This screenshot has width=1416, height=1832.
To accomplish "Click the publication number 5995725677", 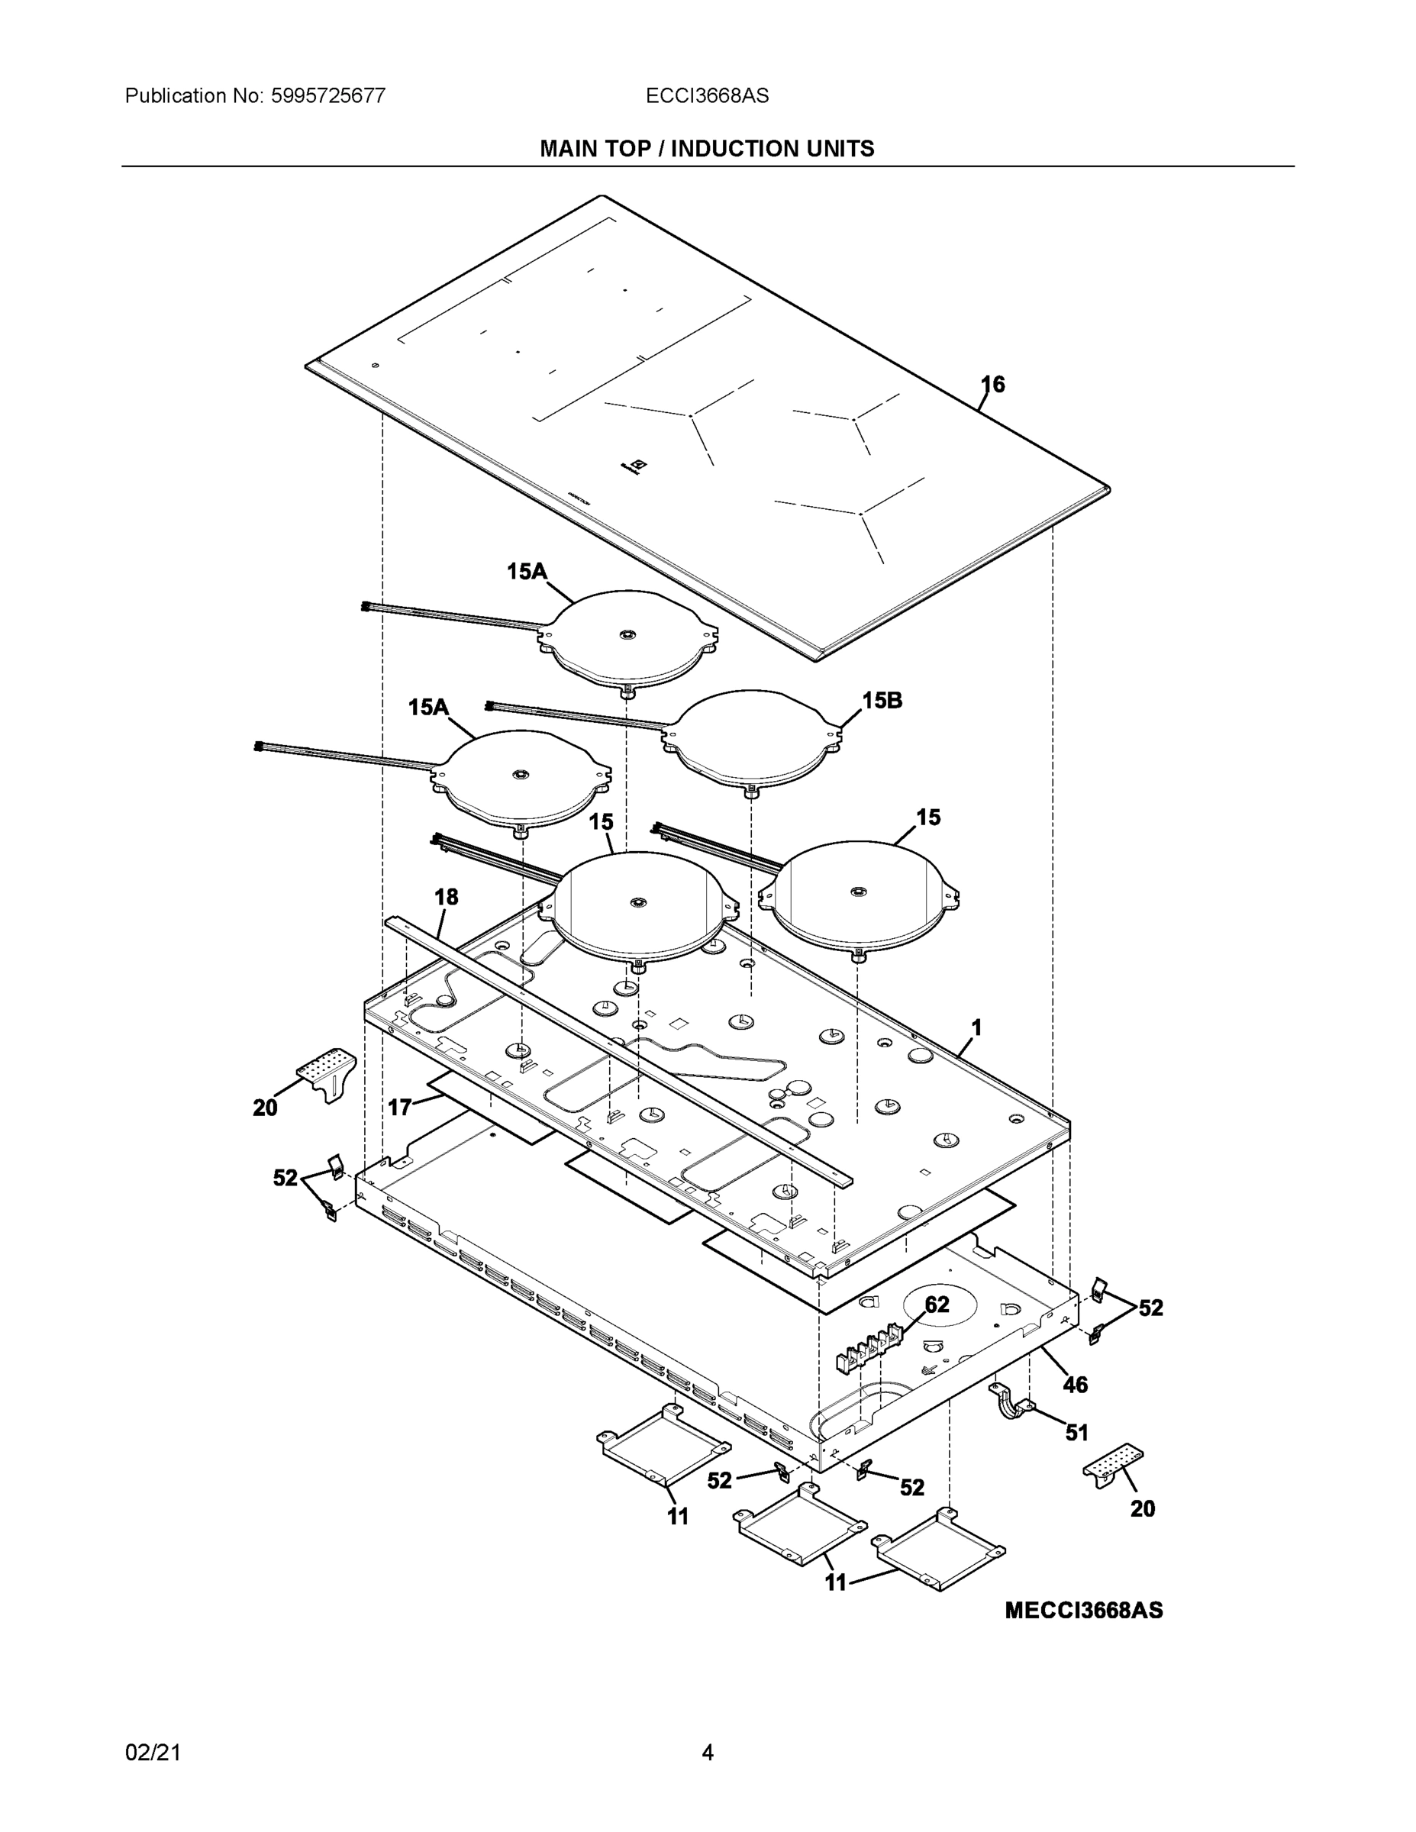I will [327, 95].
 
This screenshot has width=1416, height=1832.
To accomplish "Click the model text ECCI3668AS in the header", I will [706, 95].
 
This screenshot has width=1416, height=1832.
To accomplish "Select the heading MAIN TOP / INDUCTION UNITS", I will [706, 149].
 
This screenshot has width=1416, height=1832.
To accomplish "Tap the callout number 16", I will [992, 384].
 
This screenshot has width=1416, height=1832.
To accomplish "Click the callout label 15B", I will [882, 701].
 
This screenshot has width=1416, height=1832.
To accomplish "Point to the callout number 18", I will [447, 897].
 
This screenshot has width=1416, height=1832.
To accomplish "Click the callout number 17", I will [399, 1108].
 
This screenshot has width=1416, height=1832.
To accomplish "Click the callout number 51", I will [1076, 1433].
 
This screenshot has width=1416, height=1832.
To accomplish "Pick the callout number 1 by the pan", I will [976, 1027].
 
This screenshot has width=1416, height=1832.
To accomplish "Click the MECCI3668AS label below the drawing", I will [1083, 1611].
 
